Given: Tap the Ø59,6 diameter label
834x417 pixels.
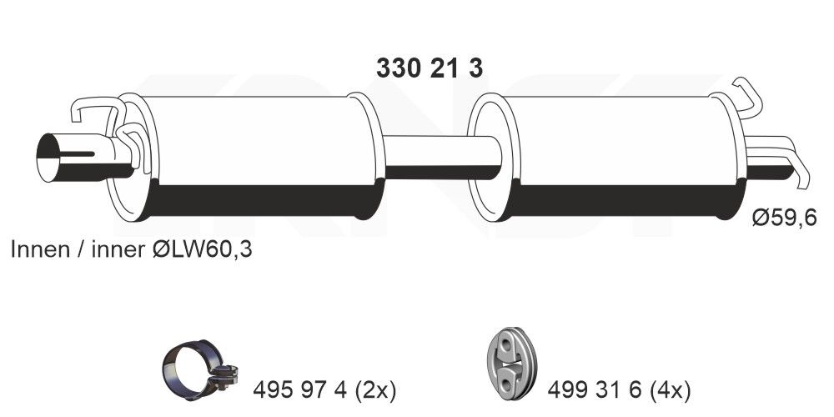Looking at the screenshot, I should coord(783,219).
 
